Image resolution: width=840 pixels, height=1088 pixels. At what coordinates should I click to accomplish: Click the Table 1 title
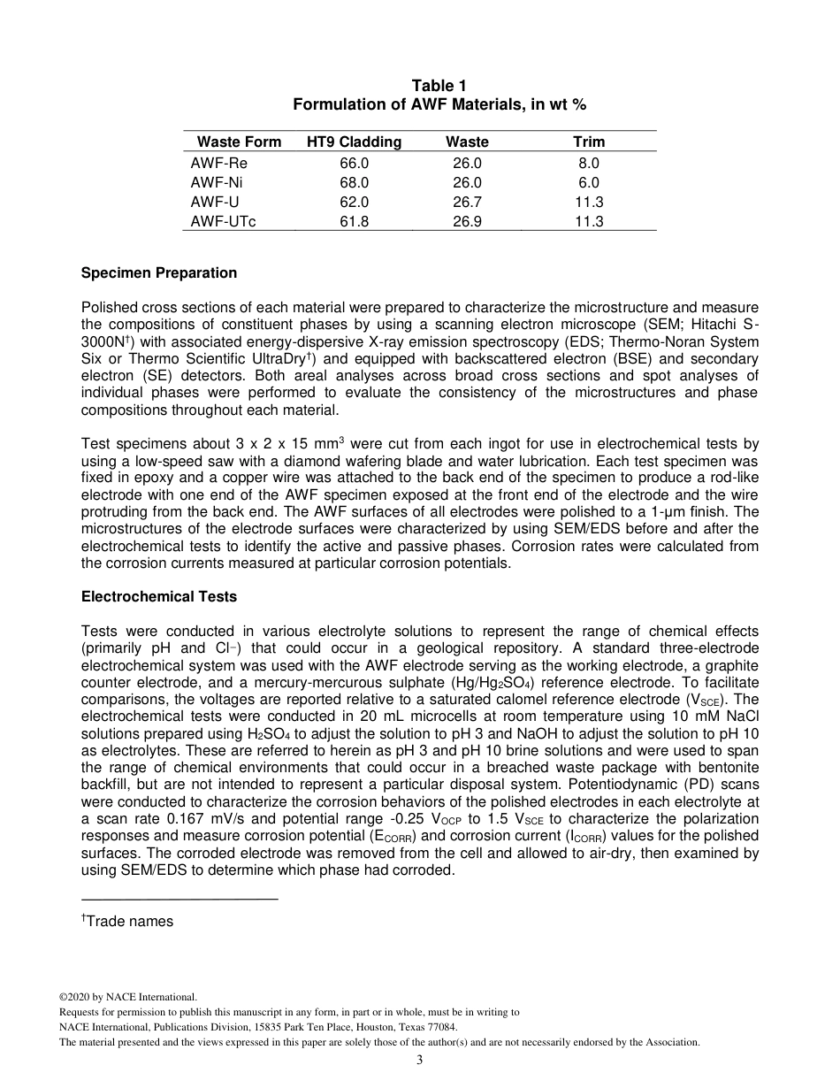point(439,86)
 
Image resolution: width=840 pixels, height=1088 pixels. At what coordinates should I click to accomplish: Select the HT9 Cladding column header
point(354,142)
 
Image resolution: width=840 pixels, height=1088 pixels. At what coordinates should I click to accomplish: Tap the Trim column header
point(589,142)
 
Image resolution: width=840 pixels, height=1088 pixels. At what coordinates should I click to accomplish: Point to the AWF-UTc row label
point(223,221)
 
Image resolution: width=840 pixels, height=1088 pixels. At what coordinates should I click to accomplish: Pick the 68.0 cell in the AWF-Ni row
point(354,182)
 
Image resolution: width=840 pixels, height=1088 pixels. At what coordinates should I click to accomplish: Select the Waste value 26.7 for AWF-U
point(467,202)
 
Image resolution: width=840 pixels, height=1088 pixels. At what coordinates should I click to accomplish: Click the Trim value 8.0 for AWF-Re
point(589,163)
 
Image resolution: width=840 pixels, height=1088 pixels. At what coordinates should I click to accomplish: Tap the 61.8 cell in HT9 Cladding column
point(354,221)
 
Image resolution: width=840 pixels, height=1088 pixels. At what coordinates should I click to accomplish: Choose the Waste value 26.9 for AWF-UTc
point(467,221)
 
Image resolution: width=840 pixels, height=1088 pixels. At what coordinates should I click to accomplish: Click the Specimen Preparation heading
point(159,273)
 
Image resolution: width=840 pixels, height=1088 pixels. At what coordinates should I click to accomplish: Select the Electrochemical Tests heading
point(159,597)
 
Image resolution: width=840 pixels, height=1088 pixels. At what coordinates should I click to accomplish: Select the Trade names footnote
point(129,922)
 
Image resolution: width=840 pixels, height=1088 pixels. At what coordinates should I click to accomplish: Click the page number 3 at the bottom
point(420,1061)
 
